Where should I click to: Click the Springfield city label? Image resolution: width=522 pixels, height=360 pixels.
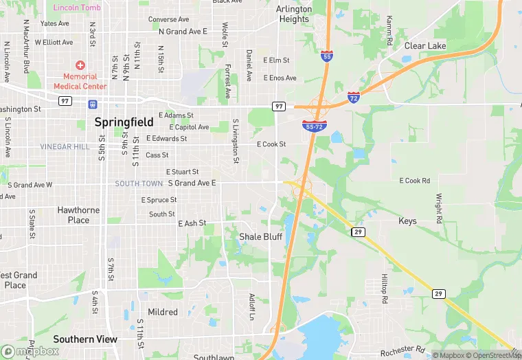click(120, 124)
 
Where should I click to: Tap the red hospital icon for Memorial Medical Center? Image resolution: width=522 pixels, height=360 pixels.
click(80, 65)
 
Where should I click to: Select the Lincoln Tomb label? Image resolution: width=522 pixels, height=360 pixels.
click(77, 8)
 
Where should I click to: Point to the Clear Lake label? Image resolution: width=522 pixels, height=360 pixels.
click(425, 46)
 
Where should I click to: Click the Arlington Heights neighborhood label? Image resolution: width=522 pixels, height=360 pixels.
click(294, 14)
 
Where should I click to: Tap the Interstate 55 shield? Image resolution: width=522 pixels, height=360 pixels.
click(327, 54)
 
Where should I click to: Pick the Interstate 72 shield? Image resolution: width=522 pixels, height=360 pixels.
click(354, 97)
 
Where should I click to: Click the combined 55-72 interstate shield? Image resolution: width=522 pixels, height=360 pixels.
click(314, 125)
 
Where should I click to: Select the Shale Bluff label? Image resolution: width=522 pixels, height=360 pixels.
click(260, 236)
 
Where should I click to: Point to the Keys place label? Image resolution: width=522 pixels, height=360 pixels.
click(407, 221)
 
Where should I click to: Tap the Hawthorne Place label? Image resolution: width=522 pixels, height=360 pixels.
click(78, 215)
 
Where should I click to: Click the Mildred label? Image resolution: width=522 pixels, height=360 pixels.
click(163, 312)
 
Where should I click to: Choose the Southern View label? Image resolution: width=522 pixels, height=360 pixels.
click(85, 339)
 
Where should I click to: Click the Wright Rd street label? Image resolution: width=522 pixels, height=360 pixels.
click(438, 208)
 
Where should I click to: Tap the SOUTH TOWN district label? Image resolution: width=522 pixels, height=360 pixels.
click(139, 183)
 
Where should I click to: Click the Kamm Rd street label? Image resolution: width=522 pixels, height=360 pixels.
click(389, 31)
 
